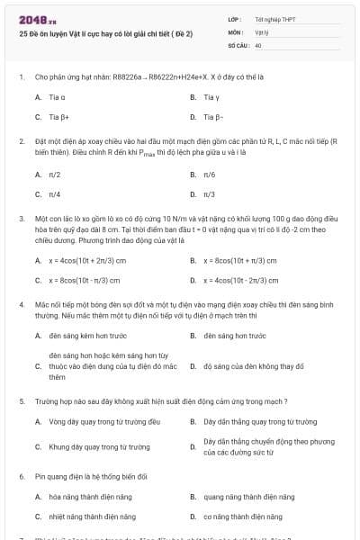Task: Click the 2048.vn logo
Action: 31,20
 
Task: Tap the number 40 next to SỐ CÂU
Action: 259,44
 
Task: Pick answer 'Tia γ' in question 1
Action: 211,97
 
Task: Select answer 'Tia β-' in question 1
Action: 213,117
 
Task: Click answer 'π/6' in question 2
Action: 210,175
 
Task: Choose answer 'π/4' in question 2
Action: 55,193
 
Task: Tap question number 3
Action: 21,218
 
